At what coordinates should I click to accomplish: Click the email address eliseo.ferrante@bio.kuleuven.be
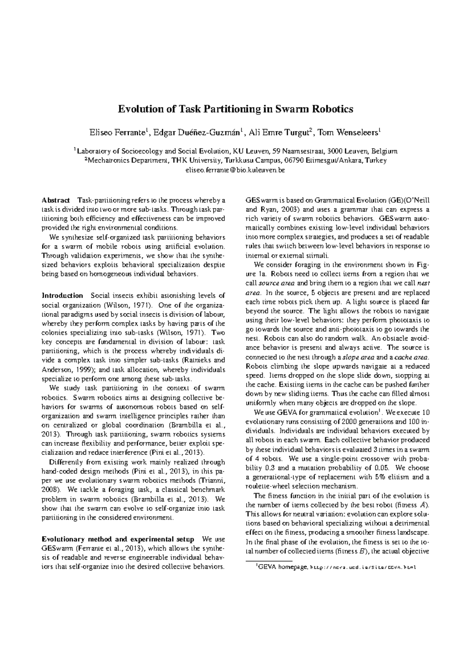(x=235, y=170)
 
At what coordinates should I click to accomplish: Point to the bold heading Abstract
(x=56, y=200)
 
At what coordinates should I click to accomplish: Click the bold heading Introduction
(x=62, y=295)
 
